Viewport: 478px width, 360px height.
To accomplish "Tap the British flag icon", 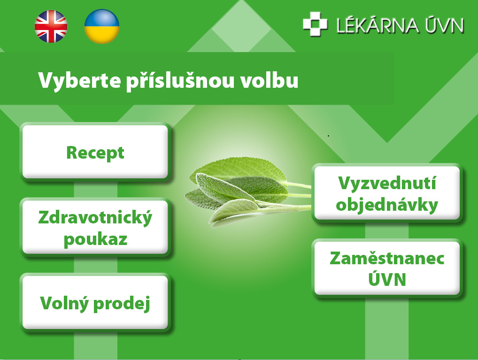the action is pyautogui.click(x=51, y=26).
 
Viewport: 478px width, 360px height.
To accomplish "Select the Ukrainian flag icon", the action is pyautogui.click(x=102, y=26).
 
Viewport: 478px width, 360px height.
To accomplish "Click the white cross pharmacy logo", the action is pyautogui.click(x=315, y=24).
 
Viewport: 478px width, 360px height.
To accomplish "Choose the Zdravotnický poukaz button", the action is pyautogui.click(x=95, y=227).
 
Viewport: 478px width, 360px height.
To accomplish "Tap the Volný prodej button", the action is pyautogui.click(x=95, y=302).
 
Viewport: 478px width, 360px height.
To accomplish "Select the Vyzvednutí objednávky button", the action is pyautogui.click(x=387, y=192).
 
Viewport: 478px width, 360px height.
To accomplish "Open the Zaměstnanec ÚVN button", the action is pyautogui.click(x=387, y=268).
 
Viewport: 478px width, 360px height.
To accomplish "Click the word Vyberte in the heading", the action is pyautogui.click(x=79, y=80).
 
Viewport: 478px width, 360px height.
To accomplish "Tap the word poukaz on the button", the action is pyautogui.click(x=95, y=239).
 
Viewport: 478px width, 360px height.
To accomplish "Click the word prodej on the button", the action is pyautogui.click(x=122, y=304).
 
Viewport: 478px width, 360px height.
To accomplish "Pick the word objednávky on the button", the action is pyautogui.click(x=387, y=205).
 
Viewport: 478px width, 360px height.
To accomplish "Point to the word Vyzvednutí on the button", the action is pyautogui.click(x=387, y=183).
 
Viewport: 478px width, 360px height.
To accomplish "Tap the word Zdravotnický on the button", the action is pyautogui.click(x=95, y=218).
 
